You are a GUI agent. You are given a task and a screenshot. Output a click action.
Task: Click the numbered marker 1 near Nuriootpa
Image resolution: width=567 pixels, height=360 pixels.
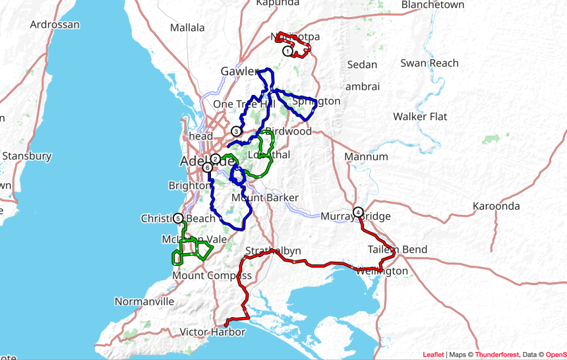point(287,51)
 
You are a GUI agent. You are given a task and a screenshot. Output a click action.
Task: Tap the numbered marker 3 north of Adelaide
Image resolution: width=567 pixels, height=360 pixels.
point(237,131)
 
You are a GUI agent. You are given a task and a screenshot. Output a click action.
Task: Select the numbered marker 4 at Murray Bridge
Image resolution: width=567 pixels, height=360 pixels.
point(357,212)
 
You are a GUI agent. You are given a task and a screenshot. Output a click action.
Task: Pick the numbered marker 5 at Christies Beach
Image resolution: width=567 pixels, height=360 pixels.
point(178,218)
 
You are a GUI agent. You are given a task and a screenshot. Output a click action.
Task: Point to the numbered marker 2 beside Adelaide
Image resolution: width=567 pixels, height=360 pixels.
point(216,158)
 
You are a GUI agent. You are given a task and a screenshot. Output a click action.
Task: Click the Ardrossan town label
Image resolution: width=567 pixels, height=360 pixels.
point(55,24)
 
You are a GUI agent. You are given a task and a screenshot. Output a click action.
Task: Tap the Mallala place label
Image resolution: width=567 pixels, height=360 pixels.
point(188,28)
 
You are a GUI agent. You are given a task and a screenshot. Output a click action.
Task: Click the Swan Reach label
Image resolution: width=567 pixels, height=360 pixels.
point(429,63)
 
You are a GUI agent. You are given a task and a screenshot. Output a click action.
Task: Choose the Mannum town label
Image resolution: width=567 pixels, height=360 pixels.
point(366,157)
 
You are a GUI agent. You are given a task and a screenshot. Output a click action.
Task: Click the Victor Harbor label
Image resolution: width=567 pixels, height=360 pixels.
point(214,332)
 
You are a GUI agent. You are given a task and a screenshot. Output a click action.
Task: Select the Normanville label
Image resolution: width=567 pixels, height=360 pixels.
point(144,301)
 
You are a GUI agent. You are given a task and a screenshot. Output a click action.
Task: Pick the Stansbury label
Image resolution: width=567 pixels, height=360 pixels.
point(27,156)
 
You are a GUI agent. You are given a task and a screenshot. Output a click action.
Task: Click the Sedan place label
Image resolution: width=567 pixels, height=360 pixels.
point(363,65)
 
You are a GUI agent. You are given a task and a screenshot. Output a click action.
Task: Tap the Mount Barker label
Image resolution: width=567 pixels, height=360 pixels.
point(265,198)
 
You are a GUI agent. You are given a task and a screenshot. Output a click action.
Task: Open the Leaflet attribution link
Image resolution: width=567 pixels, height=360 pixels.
point(433,355)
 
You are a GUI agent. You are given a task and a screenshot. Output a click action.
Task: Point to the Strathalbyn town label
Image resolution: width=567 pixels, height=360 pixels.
point(273,251)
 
